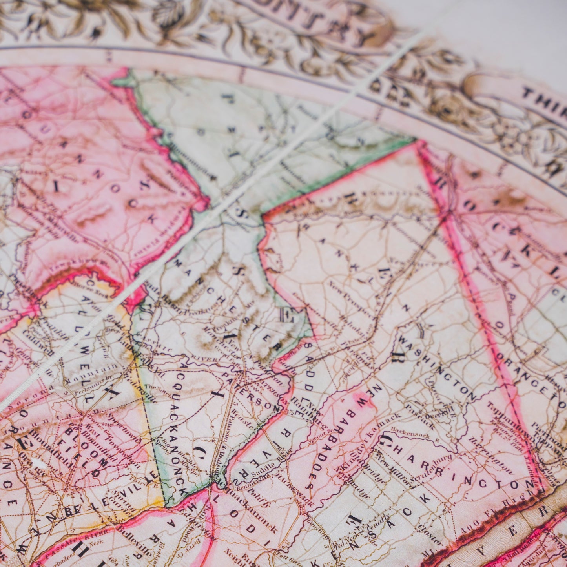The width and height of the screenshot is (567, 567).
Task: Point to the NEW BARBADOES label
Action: [337, 436]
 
